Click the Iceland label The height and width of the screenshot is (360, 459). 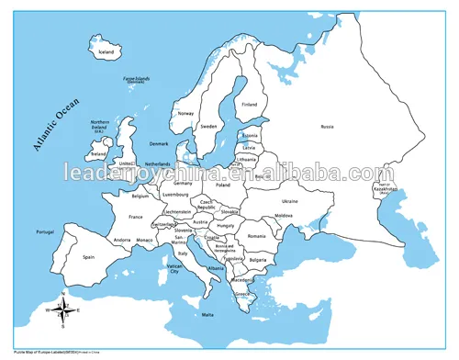(x=107, y=52)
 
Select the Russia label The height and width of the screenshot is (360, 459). (x=327, y=127)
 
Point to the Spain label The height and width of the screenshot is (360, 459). (x=89, y=258)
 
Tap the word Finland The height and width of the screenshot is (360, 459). (x=249, y=105)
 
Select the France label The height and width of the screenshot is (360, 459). (x=135, y=218)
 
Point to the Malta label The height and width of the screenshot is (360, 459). (x=207, y=316)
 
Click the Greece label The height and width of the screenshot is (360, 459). (x=242, y=294)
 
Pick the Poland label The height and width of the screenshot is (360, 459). (x=248, y=185)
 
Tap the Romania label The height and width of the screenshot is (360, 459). (x=256, y=237)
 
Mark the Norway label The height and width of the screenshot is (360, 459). (x=186, y=113)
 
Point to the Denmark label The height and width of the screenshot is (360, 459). (x=160, y=143)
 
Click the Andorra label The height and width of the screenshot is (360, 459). (x=121, y=240)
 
